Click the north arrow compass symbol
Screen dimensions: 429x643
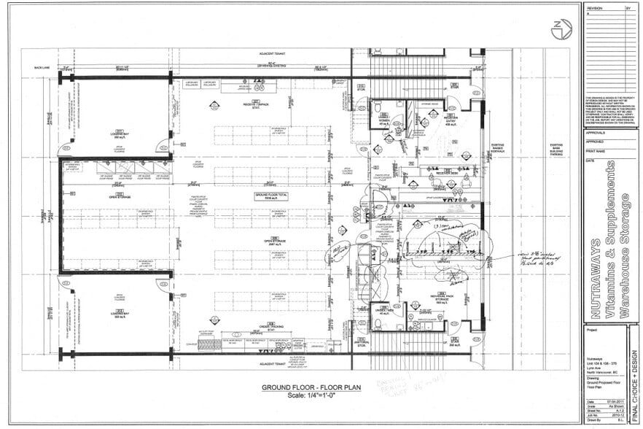(561, 29)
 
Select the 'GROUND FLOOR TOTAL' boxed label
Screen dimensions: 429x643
(271, 196)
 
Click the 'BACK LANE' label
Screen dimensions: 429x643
(42, 67)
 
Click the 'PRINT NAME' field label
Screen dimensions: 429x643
(596, 151)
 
